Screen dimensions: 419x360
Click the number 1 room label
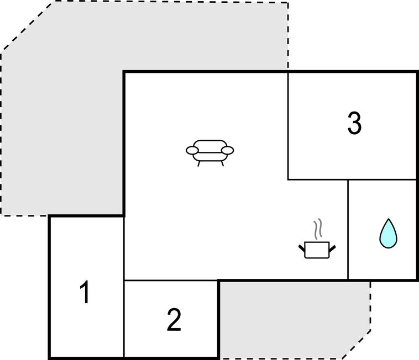click(85, 292)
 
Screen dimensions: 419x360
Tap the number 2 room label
click(174, 320)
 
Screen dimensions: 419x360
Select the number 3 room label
click(354, 123)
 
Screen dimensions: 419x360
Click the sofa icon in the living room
click(210, 153)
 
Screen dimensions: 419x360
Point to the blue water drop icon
click(388, 234)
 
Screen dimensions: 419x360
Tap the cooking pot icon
click(317, 250)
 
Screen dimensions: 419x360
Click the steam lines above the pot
click(317, 229)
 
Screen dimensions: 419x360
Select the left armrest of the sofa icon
click(192, 151)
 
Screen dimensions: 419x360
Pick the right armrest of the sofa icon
click(228, 151)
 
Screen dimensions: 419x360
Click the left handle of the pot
click(302, 248)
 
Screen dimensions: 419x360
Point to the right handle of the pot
click(332, 248)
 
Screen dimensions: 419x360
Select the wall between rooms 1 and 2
click(124, 319)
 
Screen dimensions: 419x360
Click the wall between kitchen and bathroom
click(348, 230)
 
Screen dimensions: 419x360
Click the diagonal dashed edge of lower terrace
click(356, 344)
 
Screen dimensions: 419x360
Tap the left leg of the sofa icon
click(198, 163)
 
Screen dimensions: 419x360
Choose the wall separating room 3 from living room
click(288, 126)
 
